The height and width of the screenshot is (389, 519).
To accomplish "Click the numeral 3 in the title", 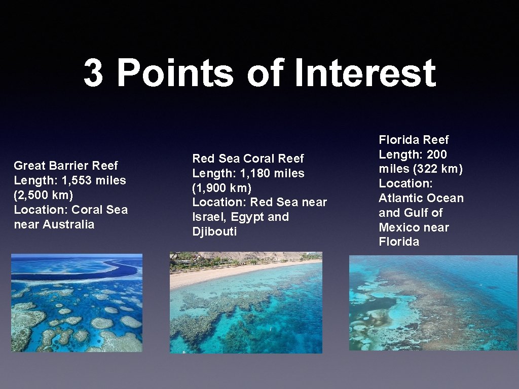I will [x=93, y=73].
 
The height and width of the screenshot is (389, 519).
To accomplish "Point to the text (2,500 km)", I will [x=44, y=195].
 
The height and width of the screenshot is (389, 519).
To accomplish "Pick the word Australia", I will [x=68, y=224].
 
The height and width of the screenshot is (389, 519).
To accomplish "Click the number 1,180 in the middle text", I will [x=256, y=173].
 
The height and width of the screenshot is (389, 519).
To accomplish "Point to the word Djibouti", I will [x=214, y=232].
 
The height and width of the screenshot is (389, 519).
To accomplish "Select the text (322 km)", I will [x=435, y=169].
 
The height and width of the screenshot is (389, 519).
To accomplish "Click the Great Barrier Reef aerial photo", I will [x=77, y=303].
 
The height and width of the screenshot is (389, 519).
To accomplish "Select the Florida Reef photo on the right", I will [x=433, y=303].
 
